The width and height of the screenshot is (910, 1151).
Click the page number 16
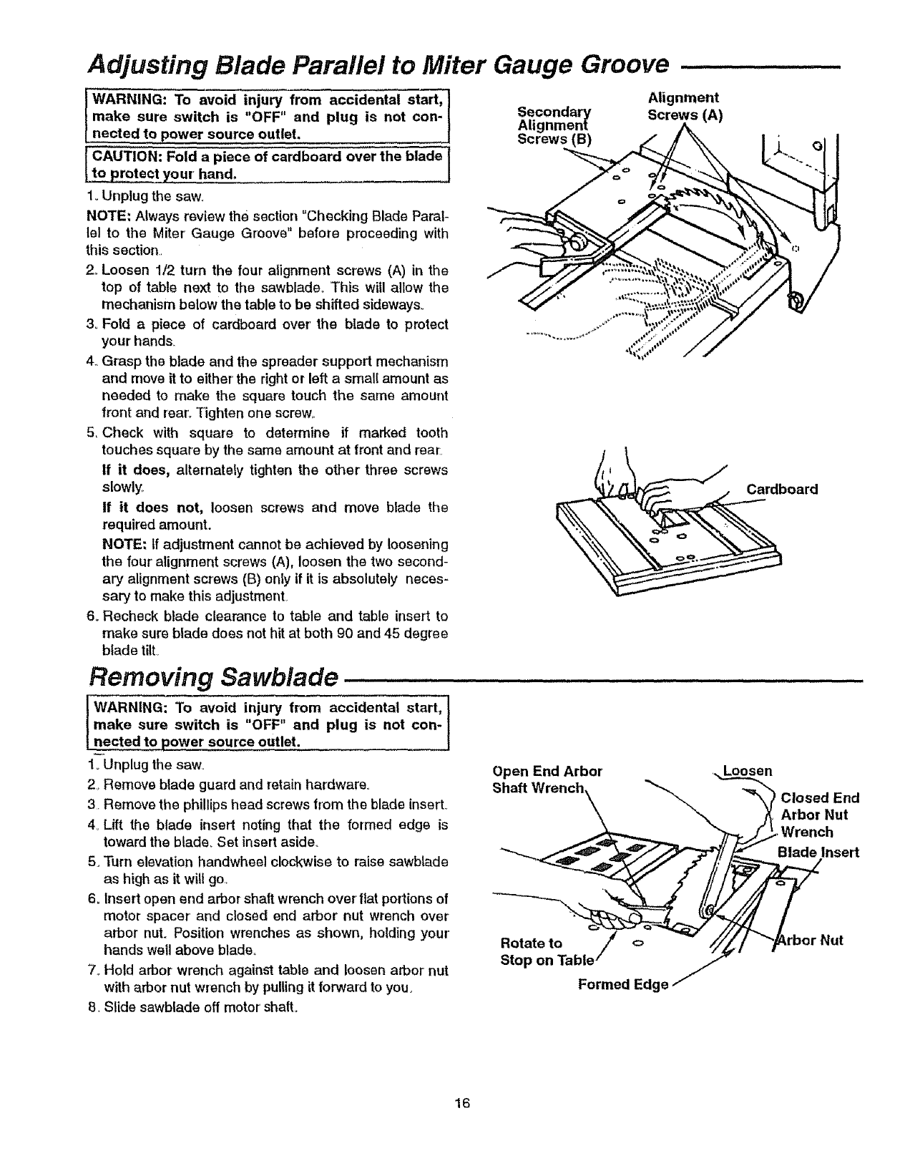461,1103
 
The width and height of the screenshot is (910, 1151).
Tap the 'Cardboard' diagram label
782,490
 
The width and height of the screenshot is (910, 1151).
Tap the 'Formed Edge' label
622,985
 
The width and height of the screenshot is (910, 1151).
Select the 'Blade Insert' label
818,852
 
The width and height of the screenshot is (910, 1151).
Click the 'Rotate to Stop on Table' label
546,951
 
